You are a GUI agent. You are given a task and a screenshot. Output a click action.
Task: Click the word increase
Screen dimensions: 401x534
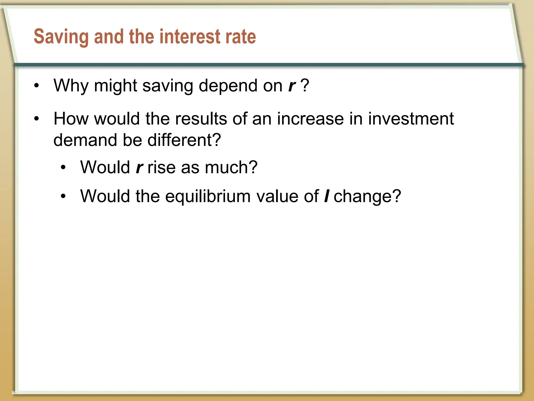[x=310, y=119]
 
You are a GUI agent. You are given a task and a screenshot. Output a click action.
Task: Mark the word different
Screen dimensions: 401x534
[x=184, y=140]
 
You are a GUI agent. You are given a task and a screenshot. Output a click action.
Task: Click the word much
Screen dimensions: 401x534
[x=231, y=167]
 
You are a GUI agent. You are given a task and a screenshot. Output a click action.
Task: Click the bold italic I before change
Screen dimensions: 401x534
[x=326, y=196]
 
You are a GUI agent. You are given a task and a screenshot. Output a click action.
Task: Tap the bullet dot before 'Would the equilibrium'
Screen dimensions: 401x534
[x=63, y=196]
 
